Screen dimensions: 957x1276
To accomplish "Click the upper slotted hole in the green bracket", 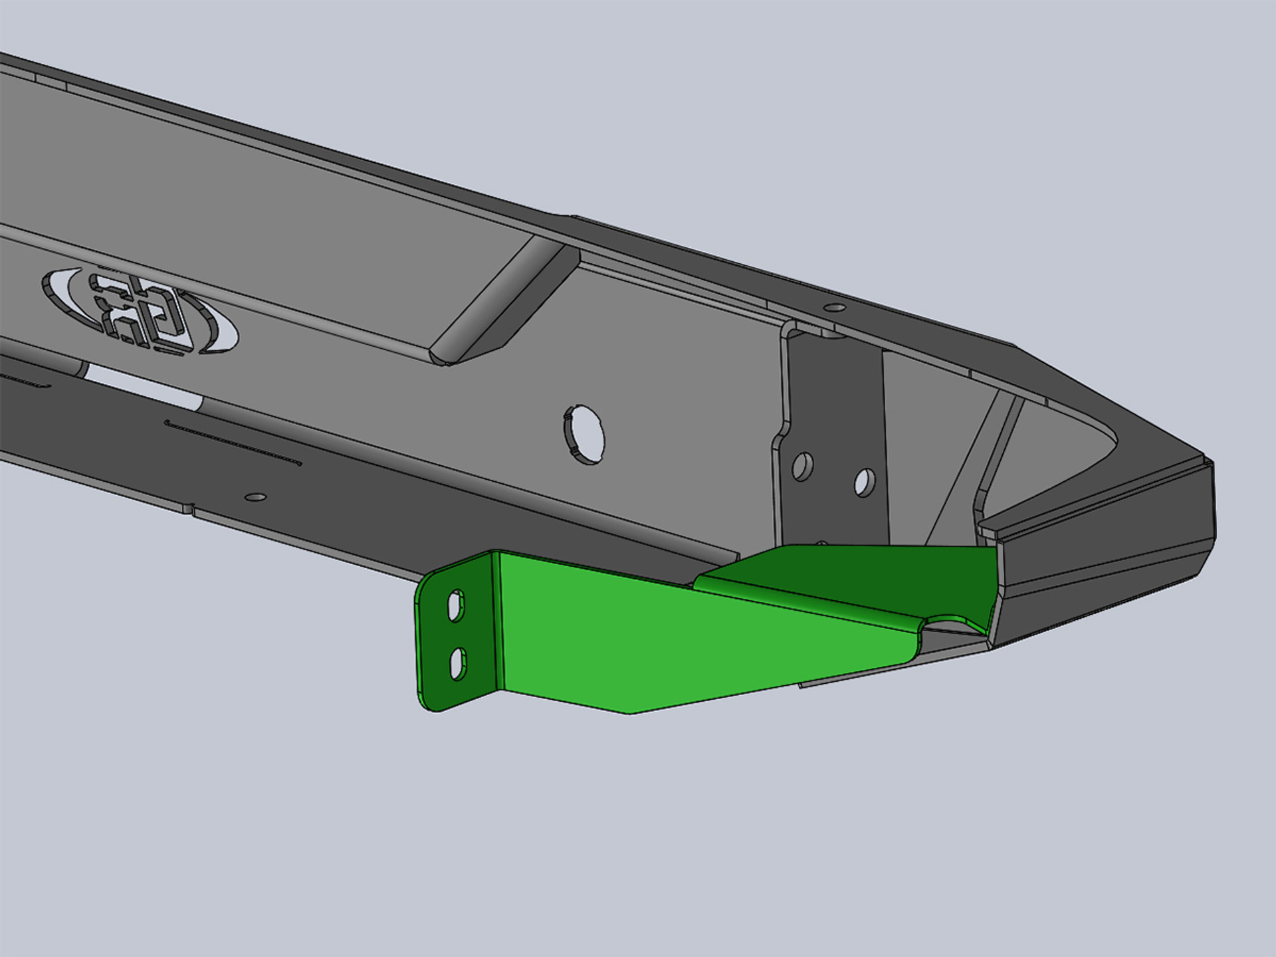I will point(456,605).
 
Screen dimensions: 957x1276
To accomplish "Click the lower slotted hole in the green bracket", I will point(458,664).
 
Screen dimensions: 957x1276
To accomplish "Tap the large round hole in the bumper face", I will point(585,434).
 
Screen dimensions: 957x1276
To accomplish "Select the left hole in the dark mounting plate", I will point(803,467).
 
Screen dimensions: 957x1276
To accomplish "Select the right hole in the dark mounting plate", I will point(865,482).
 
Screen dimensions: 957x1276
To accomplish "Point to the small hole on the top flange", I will point(834,307).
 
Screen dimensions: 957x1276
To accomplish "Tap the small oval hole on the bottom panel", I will point(255,497).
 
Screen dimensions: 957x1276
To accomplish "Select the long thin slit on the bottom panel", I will point(233,442).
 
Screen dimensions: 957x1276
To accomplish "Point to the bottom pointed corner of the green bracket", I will point(629,713).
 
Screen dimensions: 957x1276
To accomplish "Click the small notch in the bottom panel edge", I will point(189,509).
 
